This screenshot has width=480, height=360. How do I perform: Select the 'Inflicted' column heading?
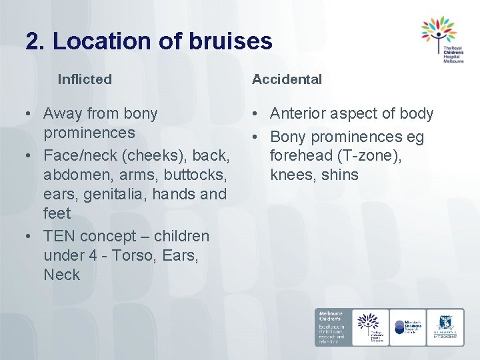pyautogui.click(x=85, y=79)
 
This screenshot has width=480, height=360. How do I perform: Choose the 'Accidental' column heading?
pyautogui.click(x=287, y=79)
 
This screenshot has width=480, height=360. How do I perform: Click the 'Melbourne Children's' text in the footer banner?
pyautogui.click(x=331, y=317)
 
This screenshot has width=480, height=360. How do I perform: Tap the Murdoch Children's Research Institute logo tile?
pyautogui.click(x=407, y=327)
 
